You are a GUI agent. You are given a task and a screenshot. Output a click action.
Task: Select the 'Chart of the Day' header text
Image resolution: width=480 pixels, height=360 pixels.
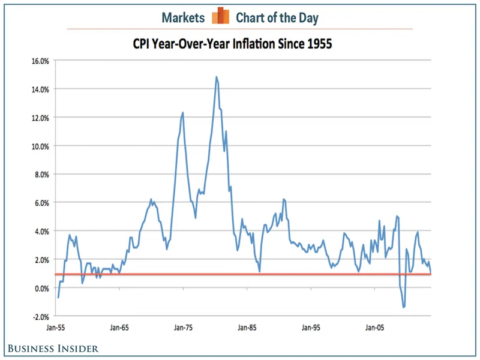tap(277, 17)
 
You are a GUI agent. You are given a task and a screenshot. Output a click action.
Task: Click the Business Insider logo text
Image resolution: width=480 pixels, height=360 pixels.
tap(53, 348)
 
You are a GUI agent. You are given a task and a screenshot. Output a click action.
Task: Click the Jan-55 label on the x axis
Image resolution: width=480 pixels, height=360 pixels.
tap(57, 328)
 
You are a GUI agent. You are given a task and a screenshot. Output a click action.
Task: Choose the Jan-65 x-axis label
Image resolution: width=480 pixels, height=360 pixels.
tap(120, 328)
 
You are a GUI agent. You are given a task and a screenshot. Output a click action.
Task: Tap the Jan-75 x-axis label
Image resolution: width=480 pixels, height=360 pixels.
tap(184, 328)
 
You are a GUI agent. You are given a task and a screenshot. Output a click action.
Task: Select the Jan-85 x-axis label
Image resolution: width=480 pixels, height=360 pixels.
tap(247, 328)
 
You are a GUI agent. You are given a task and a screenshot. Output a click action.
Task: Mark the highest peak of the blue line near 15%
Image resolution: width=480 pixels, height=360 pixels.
tap(216, 77)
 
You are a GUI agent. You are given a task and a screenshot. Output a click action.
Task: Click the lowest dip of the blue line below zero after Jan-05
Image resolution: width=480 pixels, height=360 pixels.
tap(403, 307)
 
